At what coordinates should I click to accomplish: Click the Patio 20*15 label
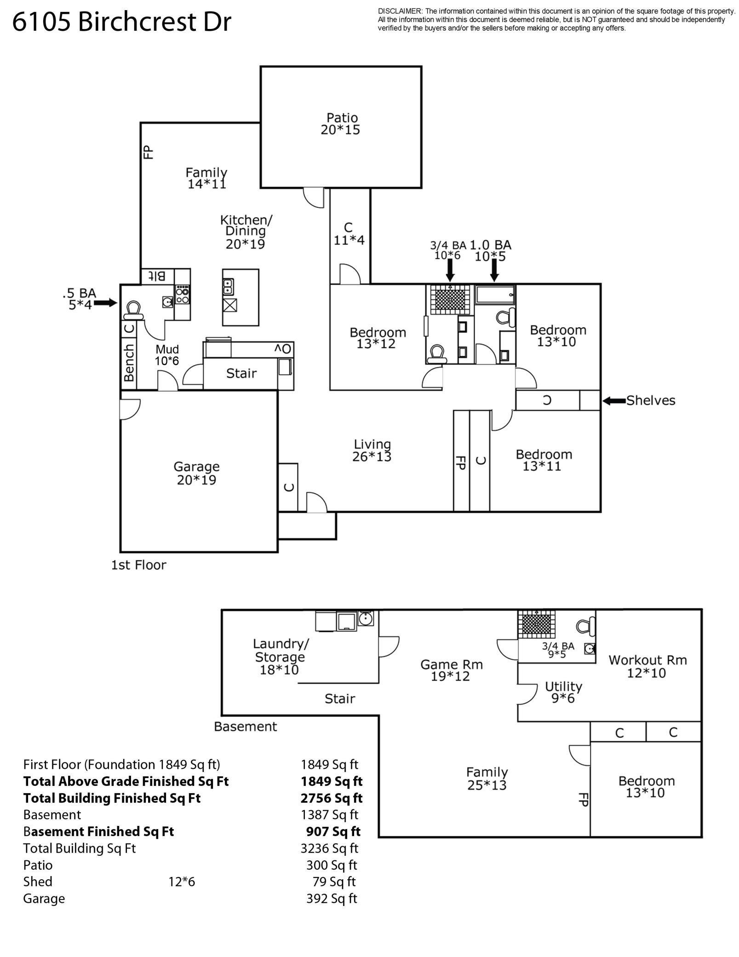pyautogui.click(x=340, y=124)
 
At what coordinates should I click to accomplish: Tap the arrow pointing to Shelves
pyautogui.click(x=613, y=401)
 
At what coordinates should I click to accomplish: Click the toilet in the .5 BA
pyautogui.click(x=134, y=310)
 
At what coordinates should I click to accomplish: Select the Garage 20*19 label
pyautogui.click(x=196, y=473)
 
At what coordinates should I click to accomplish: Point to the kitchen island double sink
pyautogui.click(x=228, y=286)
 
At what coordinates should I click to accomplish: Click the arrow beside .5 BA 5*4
pyautogui.click(x=105, y=303)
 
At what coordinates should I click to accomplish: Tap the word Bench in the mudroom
pyautogui.click(x=129, y=363)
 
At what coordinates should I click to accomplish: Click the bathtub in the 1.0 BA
pyautogui.click(x=495, y=294)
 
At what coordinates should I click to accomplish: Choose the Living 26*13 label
pyautogui.click(x=372, y=450)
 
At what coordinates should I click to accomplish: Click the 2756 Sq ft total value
pyautogui.click(x=332, y=798)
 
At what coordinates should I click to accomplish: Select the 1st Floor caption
pyautogui.click(x=138, y=565)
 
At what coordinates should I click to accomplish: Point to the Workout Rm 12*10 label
pyautogui.click(x=647, y=666)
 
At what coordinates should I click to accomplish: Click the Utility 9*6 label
pyautogui.click(x=563, y=692)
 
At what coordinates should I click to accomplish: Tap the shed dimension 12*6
pyautogui.click(x=182, y=882)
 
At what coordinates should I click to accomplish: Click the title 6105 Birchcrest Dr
pyautogui.click(x=121, y=22)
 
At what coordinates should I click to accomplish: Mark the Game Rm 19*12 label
pyautogui.click(x=451, y=670)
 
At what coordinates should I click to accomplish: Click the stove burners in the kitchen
pyautogui.click(x=182, y=295)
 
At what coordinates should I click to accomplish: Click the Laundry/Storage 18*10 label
pyautogui.click(x=280, y=657)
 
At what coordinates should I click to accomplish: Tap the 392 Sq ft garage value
pyautogui.click(x=332, y=898)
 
